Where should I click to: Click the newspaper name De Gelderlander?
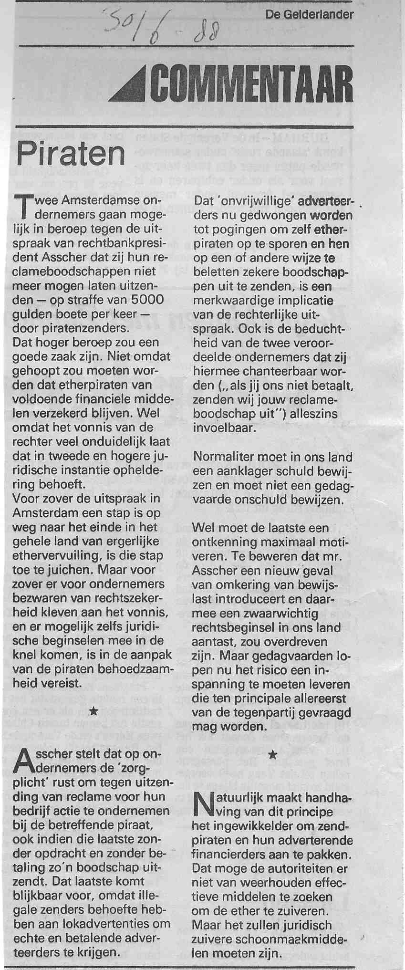(x=310, y=15)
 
